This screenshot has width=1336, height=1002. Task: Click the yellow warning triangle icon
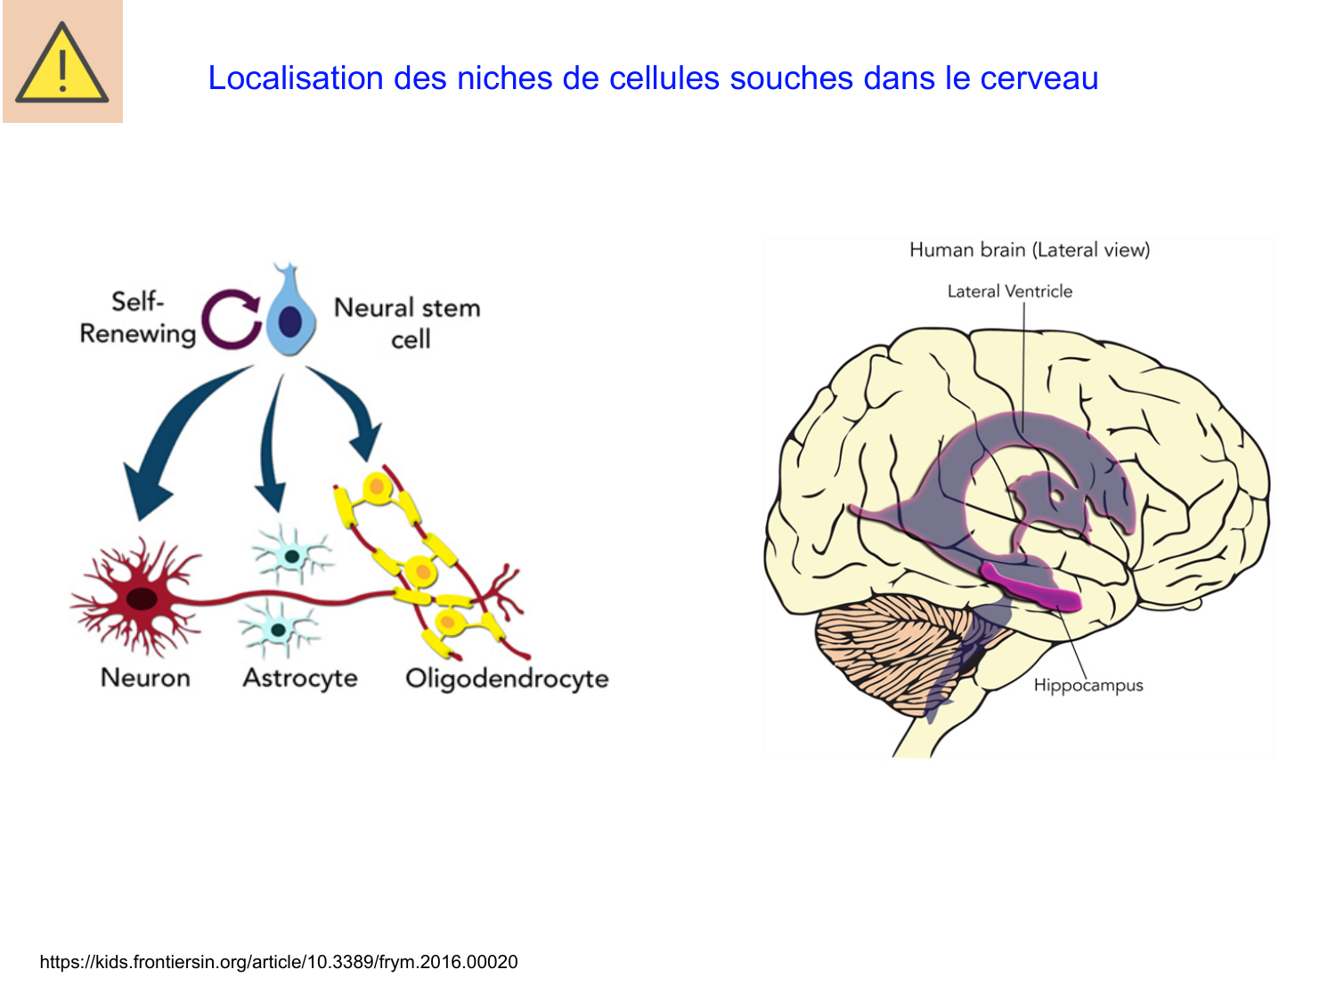tap(61, 64)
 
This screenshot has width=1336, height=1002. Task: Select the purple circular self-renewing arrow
tap(231, 318)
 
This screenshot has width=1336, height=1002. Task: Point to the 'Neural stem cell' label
tap(407, 322)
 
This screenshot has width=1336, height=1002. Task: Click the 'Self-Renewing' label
tap(137, 318)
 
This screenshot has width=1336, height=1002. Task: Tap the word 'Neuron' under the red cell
tap(145, 678)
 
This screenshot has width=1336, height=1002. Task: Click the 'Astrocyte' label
tap(300, 678)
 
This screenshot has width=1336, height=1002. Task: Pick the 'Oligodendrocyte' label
tap(507, 679)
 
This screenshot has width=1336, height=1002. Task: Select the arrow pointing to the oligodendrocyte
tap(353, 410)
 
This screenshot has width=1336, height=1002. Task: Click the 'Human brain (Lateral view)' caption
tap(1029, 250)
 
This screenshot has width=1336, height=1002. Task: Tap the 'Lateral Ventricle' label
tap(1009, 291)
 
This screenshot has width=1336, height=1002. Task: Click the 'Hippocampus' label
tap(1088, 685)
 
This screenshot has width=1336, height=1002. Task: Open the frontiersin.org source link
tap(279, 962)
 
